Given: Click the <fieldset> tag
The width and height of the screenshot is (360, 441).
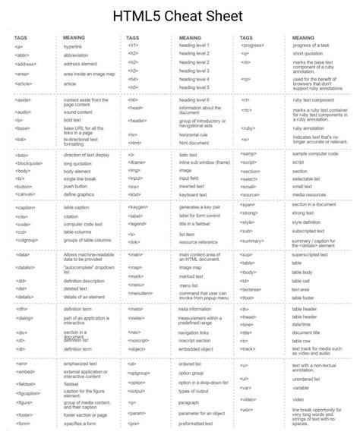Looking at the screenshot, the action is (27, 384).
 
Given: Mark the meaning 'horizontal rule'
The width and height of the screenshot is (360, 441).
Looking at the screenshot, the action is (193, 134).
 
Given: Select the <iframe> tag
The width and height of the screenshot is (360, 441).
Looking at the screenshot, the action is (137, 162).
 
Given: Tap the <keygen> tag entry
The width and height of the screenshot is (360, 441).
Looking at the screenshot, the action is (138, 206).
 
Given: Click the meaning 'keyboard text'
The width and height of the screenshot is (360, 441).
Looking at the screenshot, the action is (192, 194).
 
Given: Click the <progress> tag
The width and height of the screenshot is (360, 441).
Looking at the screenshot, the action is (252, 46).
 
